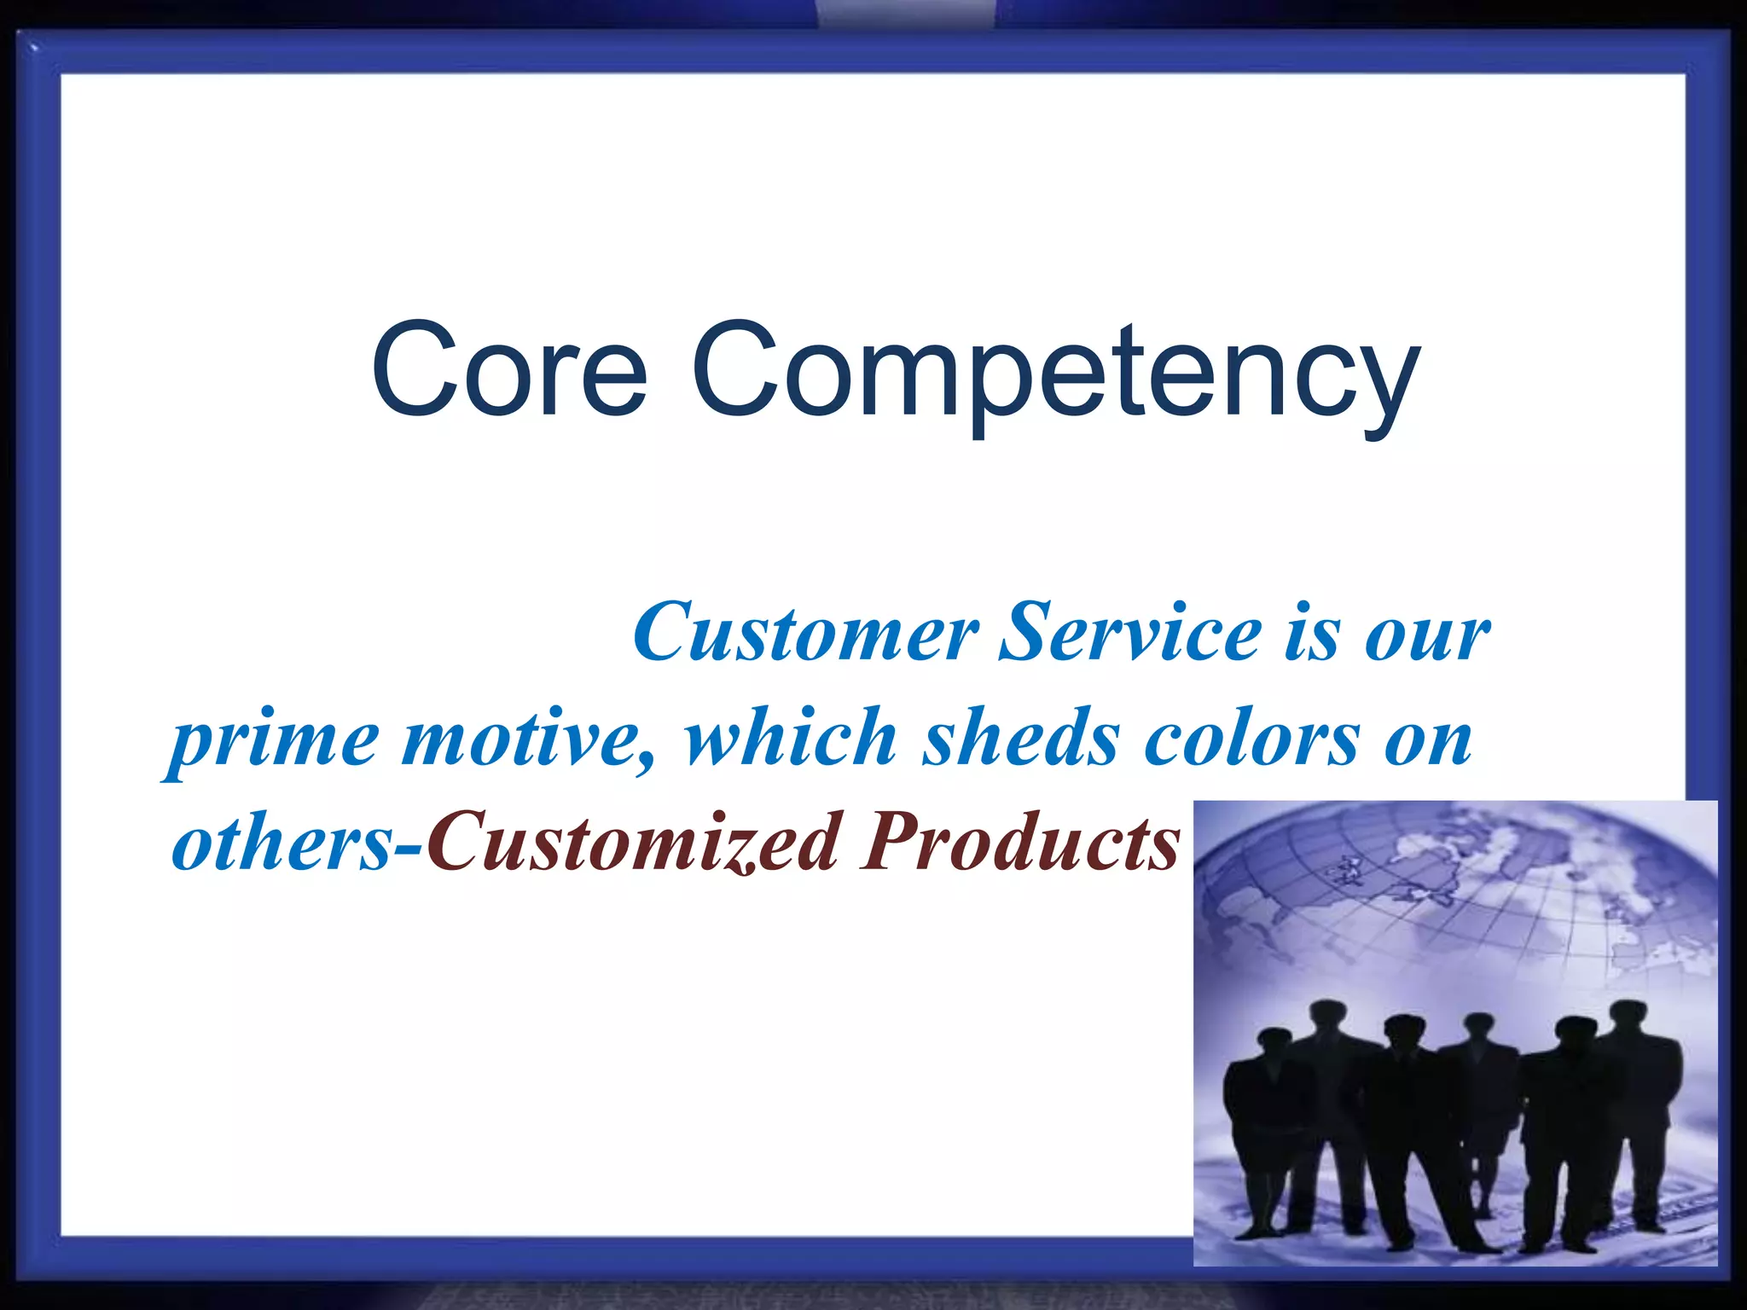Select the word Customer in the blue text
click(x=805, y=633)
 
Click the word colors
click(x=1251, y=739)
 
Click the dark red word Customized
click(x=632, y=843)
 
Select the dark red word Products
click(x=1019, y=843)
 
